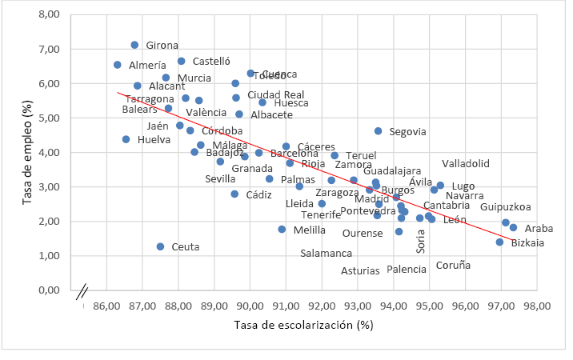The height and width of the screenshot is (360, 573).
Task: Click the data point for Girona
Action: [134, 45]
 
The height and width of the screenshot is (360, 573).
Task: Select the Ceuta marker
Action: [160, 246]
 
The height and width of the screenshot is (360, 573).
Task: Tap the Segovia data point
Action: [379, 130]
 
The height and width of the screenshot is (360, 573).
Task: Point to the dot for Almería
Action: [118, 65]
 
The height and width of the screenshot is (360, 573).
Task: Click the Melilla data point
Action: [282, 230]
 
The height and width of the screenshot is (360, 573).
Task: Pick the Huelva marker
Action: [126, 139]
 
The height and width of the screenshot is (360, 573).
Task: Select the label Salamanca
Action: [327, 254]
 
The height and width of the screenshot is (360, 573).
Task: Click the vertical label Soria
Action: [421, 240]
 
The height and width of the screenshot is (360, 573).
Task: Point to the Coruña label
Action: [454, 266]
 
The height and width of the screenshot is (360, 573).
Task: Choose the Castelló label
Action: [212, 61]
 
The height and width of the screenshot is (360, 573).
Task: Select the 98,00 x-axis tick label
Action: [537, 305]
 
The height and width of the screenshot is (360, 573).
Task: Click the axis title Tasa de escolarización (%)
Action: [304, 325]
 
